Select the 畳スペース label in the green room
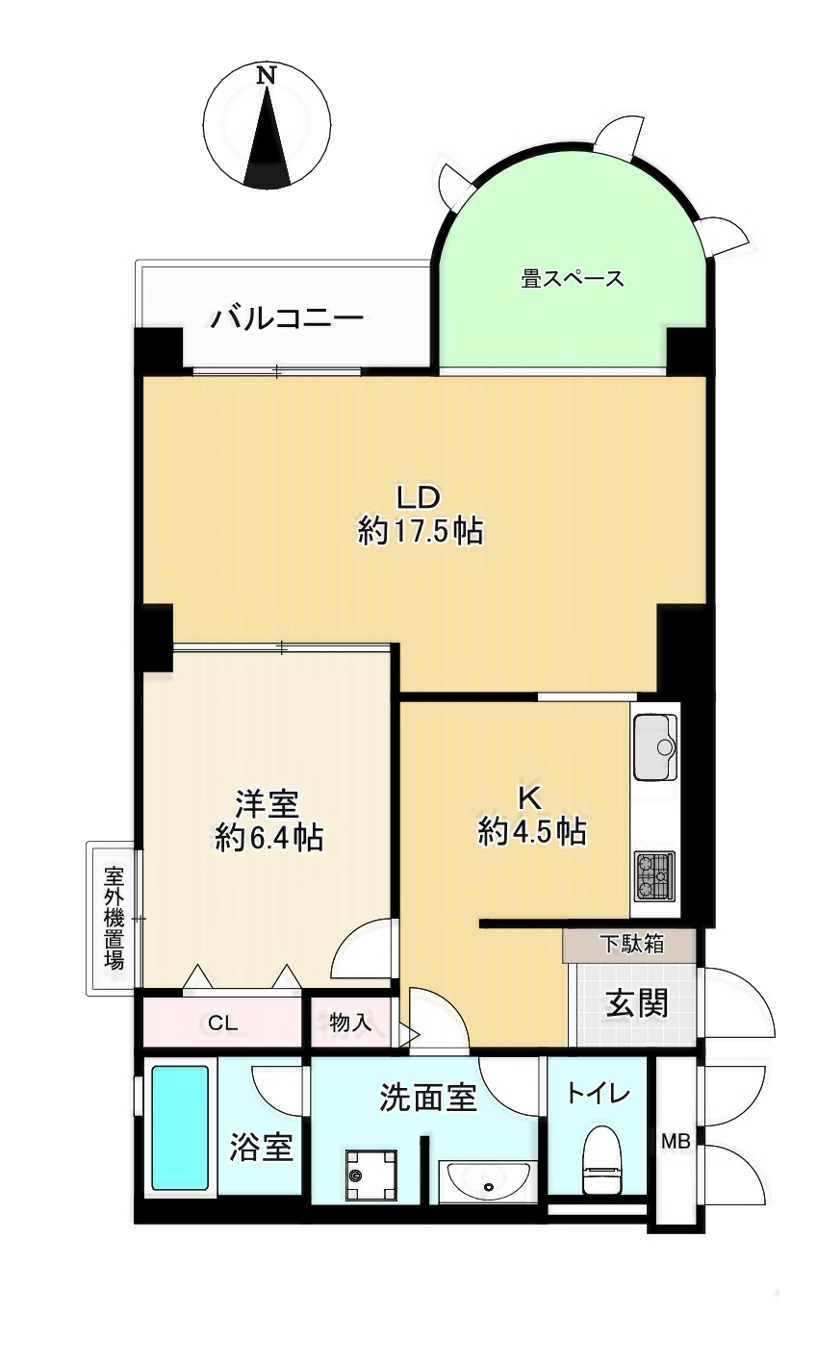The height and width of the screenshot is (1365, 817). coord(573,280)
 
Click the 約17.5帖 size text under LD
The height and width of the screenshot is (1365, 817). coord(421,531)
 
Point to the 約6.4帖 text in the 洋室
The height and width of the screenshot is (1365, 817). coord(268,838)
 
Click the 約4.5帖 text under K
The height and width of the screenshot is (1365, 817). coord(532,831)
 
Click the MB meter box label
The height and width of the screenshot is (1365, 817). coord(675,1142)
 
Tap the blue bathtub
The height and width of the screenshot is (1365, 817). coord(179,1128)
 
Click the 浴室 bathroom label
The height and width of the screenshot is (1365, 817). coord(261,1148)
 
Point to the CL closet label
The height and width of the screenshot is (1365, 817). coord(222,1024)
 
